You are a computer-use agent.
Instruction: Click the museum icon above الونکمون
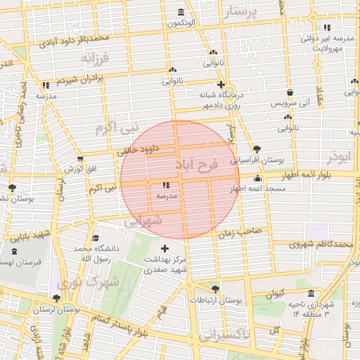click(182, 12)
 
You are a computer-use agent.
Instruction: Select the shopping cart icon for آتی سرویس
click(290, 92)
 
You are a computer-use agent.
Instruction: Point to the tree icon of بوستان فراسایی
click(256, 148)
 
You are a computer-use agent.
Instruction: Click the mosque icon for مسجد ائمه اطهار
click(258, 179)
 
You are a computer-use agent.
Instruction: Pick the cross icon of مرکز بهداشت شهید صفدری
click(165, 248)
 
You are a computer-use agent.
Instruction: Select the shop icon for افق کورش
click(79, 159)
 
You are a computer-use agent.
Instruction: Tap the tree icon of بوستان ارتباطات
click(215, 288)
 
